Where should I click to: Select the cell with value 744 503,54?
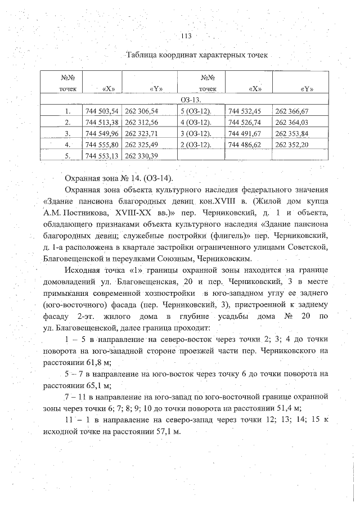point(102,111)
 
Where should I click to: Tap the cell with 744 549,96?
point(102,133)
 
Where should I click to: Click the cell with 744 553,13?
point(102,156)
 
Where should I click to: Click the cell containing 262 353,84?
point(292,133)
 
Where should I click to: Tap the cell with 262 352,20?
point(292,145)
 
